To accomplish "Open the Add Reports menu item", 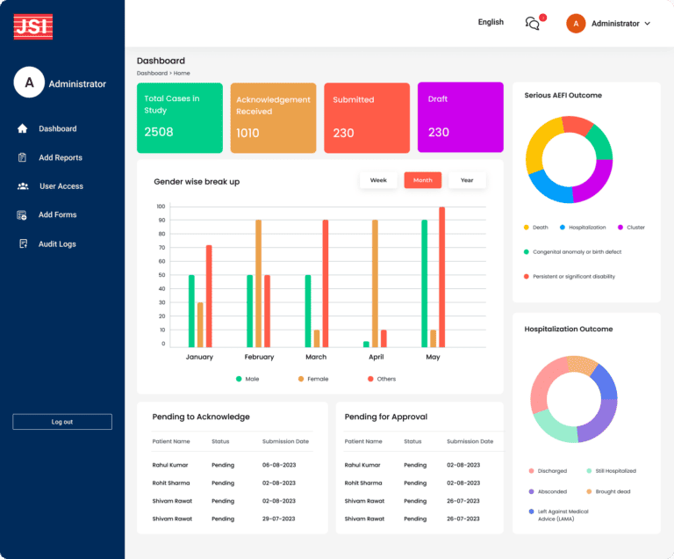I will pyautogui.click(x=60, y=157).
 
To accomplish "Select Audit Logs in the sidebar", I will pyautogui.click(x=57, y=243).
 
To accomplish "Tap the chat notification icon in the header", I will pyautogui.click(x=533, y=23).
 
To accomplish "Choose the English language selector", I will pyautogui.click(x=491, y=22).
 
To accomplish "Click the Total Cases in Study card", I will pyautogui.click(x=180, y=118).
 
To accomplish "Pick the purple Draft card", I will pyautogui.click(x=460, y=118).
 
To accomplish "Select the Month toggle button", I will pyautogui.click(x=422, y=180).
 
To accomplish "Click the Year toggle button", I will pyautogui.click(x=467, y=180).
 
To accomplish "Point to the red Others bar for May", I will pyautogui.click(x=441, y=277).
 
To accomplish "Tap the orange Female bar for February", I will pyautogui.click(x=258, y=283).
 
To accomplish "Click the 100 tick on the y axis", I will pyautogui.click(x=161, y=207).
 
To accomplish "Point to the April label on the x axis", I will pyautogui.click(x=376, y=357).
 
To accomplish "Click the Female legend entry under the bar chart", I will pyautogui.click(x=312, y=379).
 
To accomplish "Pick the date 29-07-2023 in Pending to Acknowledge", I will pyautogui.click(x=279, y=519).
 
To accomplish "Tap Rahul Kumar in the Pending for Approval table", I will pyautogui.click(x=362, y=465).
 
